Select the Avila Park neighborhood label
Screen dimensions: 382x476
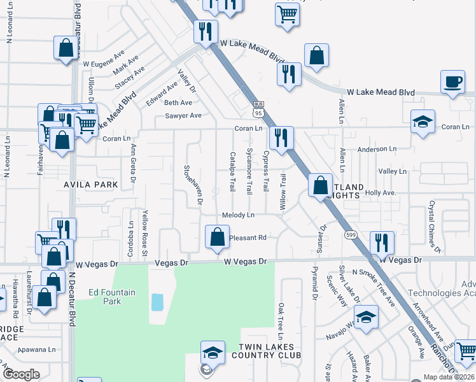pyautogui.click(x=91, y=185)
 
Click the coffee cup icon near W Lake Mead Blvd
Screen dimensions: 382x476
pyautogui.click(x=452, y=83)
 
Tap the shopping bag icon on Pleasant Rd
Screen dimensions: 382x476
pyautogui.click(x=217, y=237)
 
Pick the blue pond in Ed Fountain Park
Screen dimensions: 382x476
pyautogui.click(x=157, y=302)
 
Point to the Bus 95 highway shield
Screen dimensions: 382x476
pyautogui.click(x=258, y=109)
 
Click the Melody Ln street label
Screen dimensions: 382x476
pyautogui.click(x=238, y=215)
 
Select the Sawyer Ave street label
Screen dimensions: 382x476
pyautogui.click(x=183, y=116)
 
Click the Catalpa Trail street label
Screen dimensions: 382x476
pyautogui.click(x=233, y=173)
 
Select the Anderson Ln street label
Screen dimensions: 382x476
pyautogui.click(x=377, y=149)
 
